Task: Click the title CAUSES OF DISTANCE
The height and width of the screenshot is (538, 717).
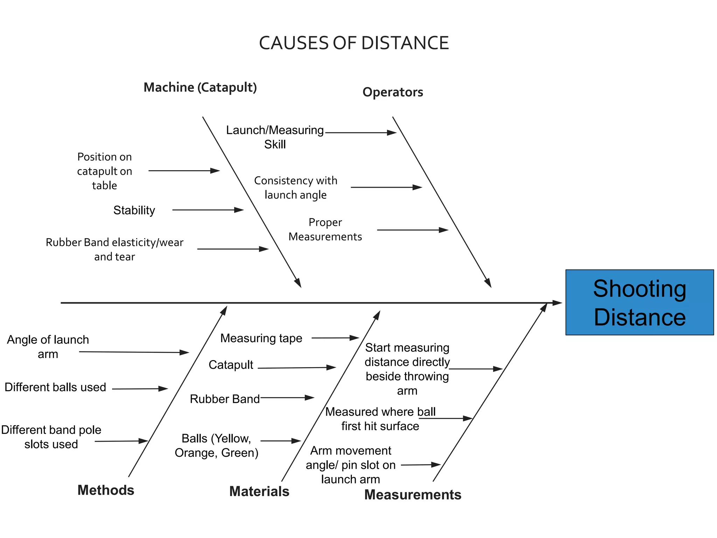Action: (354, 43)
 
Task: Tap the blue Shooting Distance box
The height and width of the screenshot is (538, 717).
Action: (639, 302)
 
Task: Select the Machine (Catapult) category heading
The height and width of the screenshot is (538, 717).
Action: (200, 87)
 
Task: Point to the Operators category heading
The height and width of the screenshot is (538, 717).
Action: (393, 92)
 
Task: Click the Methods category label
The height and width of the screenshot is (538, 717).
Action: (106, 490)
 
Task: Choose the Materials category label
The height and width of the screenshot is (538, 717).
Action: (259, 491)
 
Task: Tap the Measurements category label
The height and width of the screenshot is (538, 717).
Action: (413, 495)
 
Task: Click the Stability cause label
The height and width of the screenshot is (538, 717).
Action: (134, 210)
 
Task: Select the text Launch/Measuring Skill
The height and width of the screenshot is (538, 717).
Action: (275, 137)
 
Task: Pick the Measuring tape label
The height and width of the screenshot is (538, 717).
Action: (261, 338)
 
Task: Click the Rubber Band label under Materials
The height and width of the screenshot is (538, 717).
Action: (225, 399)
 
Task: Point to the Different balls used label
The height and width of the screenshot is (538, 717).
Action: (55, 387)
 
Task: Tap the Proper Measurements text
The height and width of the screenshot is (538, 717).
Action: (325, 229)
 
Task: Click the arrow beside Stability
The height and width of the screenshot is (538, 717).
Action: (208, 210)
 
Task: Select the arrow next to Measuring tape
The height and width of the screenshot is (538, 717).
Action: (335, 338)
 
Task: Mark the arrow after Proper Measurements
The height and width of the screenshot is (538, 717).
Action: (412, 230)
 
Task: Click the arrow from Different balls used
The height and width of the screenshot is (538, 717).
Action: (140, 389)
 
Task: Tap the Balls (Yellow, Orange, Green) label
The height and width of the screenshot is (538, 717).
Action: (217, 446)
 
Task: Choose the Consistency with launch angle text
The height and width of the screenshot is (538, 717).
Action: (296, 187)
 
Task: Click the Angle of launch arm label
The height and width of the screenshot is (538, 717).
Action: (48, 347)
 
